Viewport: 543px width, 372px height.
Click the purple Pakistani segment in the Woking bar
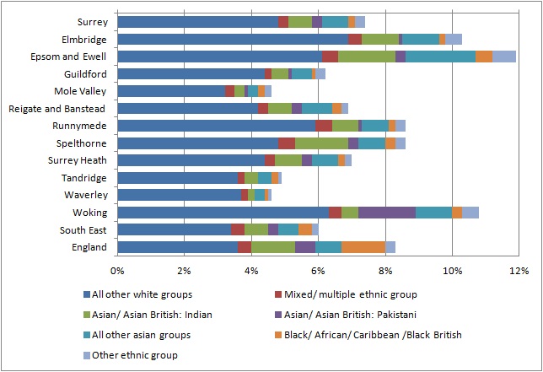[387, 213]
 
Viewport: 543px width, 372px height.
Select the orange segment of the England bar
[363, 247]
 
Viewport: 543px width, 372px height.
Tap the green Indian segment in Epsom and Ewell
[367, 57]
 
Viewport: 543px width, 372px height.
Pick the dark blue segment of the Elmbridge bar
[233, 39]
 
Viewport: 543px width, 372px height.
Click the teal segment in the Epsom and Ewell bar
[440, 57]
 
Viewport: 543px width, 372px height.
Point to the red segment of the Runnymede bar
[324, 126]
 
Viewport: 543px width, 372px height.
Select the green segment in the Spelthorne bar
[322, 143]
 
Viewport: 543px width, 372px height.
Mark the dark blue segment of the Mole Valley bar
[171, 91]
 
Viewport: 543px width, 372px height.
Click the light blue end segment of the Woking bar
[470, 213]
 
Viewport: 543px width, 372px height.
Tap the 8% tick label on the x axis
[385, 271]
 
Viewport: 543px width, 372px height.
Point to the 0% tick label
[117, 271]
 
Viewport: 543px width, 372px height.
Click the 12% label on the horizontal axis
[519, 271]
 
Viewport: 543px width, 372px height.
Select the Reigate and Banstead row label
[56, 109]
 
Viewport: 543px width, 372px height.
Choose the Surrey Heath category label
[78, 161]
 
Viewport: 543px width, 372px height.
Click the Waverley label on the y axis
[86, 195]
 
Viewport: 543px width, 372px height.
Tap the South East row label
[83, 230]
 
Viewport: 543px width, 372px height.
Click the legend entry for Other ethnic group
[131, 355]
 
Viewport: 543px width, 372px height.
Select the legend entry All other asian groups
[137, 335]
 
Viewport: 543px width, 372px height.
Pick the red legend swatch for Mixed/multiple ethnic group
[278, 294]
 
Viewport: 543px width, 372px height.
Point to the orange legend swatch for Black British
[278, 335]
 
